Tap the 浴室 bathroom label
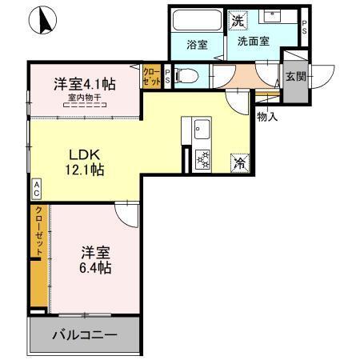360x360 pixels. pyautogui.click(x=197, y=45)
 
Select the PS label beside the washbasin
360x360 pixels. pyautogui.click(x=304, y=26)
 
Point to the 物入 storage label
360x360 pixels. pyautogui.click(x=267, y=116)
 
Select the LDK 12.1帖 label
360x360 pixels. pyautogui.click(x=83, y=162)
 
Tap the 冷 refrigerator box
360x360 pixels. pyautogui.click(x=241, y=162)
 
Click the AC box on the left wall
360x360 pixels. pyautogui.click(x=37, y=190)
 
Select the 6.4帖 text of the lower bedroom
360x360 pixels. pyautogui.click(x=95, y=266)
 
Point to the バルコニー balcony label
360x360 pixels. pyautogui.click(x=86, y=334)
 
